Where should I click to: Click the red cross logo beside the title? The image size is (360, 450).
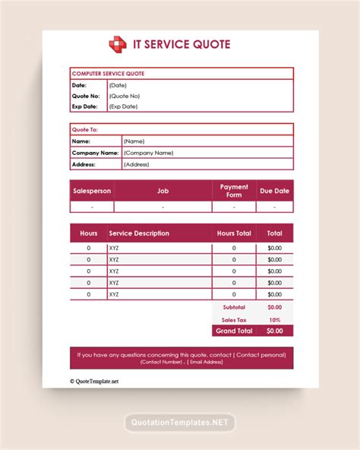118,45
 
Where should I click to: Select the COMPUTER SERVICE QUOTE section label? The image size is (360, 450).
108,74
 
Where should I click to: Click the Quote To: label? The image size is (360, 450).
84,129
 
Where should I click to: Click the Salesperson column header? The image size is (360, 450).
92,191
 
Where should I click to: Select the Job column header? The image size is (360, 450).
163,191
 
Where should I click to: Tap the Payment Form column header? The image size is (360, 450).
234,190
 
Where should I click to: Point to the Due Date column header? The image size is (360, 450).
275,191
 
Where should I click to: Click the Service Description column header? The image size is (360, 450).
139,233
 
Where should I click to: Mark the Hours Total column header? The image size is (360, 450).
234,233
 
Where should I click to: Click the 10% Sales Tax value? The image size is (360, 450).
274,319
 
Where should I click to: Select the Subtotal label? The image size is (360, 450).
233,307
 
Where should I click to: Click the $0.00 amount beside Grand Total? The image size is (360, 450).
274,331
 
